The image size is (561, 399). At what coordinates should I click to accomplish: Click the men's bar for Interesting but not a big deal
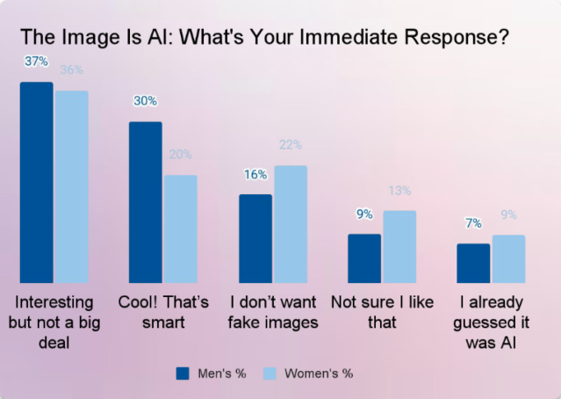tap(36, 182)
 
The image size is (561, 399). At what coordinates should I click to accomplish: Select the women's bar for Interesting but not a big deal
tap(71, 186)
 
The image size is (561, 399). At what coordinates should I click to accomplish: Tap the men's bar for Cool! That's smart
tap(146, 202)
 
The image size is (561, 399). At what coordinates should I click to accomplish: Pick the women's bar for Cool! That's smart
tap(180, 229)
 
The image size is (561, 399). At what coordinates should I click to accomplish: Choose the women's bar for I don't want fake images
tap(291, 224)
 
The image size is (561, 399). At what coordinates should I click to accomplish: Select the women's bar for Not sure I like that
tap(399, 246)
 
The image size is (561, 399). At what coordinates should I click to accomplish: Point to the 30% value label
tap(145, 101)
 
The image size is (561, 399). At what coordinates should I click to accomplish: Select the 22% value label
tap(291, 145)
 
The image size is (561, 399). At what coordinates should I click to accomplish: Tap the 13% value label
tap(399, 190)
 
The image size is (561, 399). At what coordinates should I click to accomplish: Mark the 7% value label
tap(474, 224)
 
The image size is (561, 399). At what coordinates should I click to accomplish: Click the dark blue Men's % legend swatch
tap(183, 373)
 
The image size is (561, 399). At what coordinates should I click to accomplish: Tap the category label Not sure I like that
tap(382, 312)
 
